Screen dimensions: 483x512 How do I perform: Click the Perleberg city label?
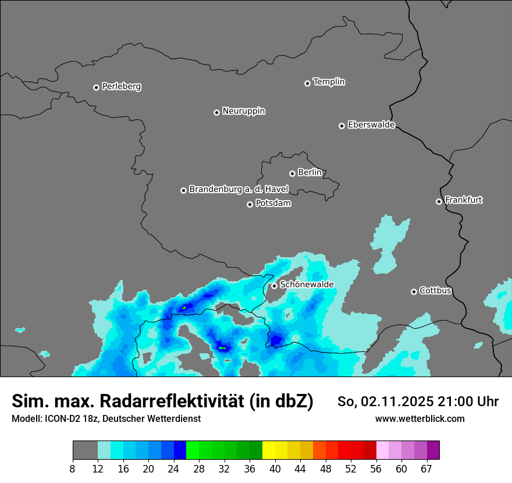(121, 87)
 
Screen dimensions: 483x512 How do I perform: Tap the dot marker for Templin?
(307, 83)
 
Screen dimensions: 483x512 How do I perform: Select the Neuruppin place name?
(243, 111)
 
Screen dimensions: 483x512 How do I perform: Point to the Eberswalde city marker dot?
(342, 126)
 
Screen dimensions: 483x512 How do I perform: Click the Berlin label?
(310, 173)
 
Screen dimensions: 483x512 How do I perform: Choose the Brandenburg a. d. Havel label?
(239, 190)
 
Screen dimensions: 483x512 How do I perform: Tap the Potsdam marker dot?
(250, 204)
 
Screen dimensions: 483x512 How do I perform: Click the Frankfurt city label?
(463, 200)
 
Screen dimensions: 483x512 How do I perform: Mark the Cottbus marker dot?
(414, 292)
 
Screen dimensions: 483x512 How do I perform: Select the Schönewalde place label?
(307, 285)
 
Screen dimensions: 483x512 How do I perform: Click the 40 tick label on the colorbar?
(275, 468)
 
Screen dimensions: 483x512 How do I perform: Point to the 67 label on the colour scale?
(426, 468)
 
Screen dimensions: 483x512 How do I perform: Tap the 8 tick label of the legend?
(73, 468)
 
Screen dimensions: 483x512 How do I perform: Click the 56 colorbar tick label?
(376, 468)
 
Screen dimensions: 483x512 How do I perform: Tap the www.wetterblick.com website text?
(419, 418)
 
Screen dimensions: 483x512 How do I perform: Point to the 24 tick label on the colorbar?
(174, 468)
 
